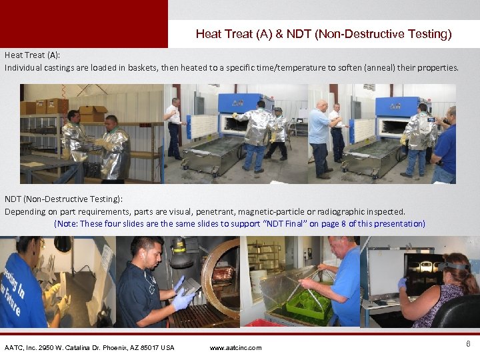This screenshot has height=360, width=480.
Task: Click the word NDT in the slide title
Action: pyautogui.click(x=299, y=34)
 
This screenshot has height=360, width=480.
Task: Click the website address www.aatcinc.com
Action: pyautogui.click(x=235, y=348)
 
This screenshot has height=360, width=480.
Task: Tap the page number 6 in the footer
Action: pyautogui.click(x=468, y=344)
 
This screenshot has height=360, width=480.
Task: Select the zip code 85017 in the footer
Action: pyautogui.click(x=150, y=348)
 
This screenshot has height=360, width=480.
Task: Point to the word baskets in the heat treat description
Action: pyautogui.click(x=143, y=67)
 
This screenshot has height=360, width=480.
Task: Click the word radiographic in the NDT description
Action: pyautogui.click(x=341, y=212)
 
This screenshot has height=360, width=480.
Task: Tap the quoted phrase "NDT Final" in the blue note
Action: pyautogui.click(x=285, y=224)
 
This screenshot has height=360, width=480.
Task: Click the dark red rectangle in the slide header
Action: pyautogui.click(x=84, y=24)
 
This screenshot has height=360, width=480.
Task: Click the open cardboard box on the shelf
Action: pyautogui.click(x=93, y=114)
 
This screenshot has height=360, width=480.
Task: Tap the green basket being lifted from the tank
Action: pyautogui.click(x=307, y=303)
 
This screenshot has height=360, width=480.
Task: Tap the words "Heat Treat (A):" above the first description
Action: pyautogui.click(x=33, y=55)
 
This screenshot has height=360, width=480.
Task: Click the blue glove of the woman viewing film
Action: pyautogui.click(x=402, y=284)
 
